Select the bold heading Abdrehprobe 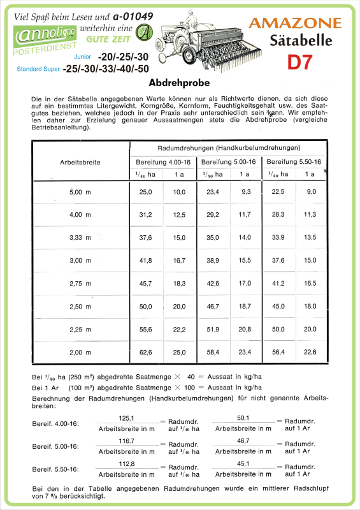point(179,84)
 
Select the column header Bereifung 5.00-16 point(228,162)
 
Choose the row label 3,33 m point(80,237)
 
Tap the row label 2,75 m point(80,282)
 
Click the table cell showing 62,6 point(146,352)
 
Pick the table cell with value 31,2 point(146,214)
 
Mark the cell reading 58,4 point(213,352)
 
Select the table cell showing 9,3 point(245,192)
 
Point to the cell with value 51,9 point(213,329)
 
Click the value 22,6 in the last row point(311,352)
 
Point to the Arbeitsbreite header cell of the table point(80,162)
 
